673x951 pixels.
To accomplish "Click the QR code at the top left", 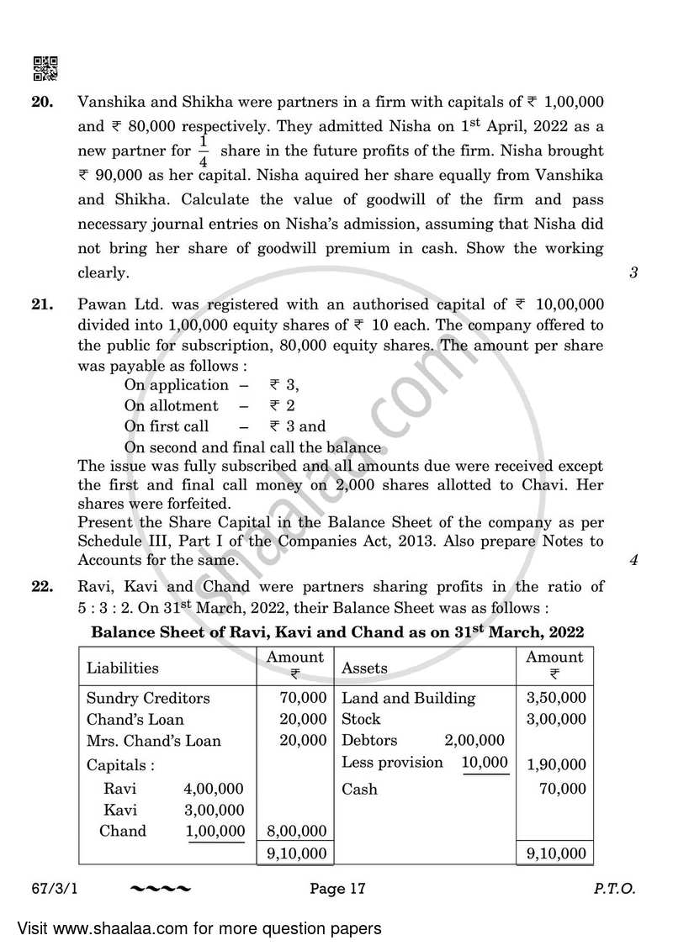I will coord(45,68).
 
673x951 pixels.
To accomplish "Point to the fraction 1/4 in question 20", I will coord(203,151).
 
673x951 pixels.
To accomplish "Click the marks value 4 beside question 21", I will coord(632,560).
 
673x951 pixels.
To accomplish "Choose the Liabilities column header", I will coord(123,668).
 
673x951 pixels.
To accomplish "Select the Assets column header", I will coord(364,668).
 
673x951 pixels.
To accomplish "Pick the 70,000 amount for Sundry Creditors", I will coord(303,698).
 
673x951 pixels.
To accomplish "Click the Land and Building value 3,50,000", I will coord(555,698).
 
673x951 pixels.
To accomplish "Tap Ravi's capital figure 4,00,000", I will coord(214,789).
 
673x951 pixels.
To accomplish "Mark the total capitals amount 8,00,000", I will coord(296,832).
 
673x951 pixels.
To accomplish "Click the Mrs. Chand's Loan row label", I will coord(154,741).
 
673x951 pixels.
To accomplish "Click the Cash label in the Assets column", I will coord(359,789).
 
